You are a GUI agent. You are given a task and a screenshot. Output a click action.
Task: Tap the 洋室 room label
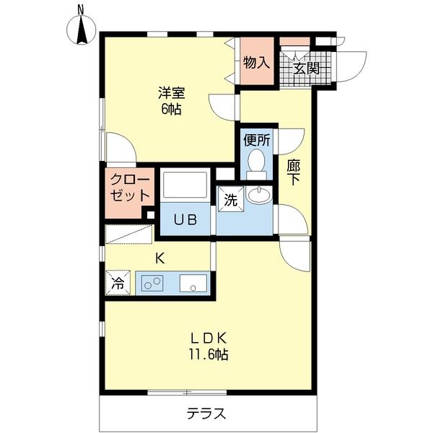pyautogui.click(x=172, y=93)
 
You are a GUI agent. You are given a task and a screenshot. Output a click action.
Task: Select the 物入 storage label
pyautogui.click(x=256, y=63)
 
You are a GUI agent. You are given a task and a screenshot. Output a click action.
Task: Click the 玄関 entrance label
pyautogui.click(x=306, y=69)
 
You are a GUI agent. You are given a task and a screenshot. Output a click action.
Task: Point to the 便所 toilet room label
pyautogui.click(x=256, y=140)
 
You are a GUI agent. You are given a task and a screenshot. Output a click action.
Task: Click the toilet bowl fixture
pyautogui.click(x=255, y=163)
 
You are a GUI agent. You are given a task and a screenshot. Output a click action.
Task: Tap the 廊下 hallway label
pyautogui.click(x=293, y=172)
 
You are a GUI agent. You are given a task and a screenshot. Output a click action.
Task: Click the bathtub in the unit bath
pyautogui.click(x=184, y=185)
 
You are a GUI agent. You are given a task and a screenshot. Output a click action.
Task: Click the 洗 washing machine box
pyautogui.click(x=230, y=198)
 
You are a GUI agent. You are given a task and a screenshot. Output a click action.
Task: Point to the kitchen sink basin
pyautogui.click(x=193, y=284)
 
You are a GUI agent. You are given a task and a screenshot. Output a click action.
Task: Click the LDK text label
pyautogui.click(x=209, y=337)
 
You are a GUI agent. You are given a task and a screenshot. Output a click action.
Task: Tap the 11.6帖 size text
pyautogui.click(x=209, y=354)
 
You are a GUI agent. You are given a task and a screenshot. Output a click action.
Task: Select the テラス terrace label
pyautogui.click(x=207, y=414)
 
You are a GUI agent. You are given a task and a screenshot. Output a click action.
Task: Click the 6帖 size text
pyautogui.click(x=172, y=110)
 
